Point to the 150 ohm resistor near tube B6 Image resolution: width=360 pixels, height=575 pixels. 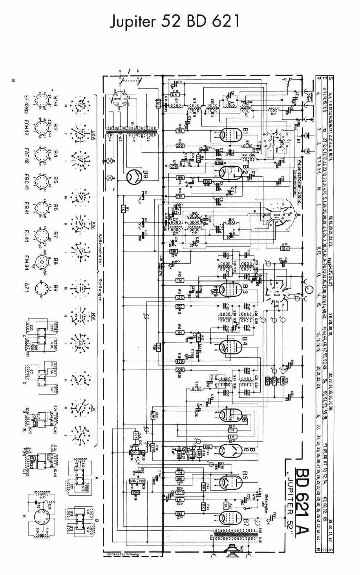pos(208,447)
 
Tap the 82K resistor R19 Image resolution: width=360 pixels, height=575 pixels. pos(180,361)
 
